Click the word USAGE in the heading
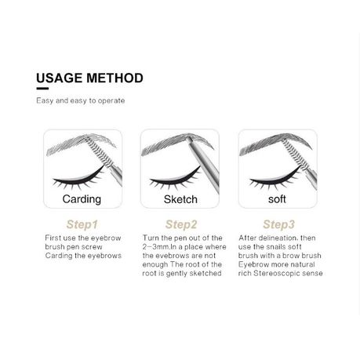(59, 78)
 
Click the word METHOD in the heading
(115, 78)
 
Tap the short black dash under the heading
(42, 89)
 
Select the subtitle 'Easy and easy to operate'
(81, 100)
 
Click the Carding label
(82, 199)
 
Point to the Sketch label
(180, 199)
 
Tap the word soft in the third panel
(277, 199)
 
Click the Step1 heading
(82, 224)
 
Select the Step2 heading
(181, 224)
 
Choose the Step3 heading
(278, 224)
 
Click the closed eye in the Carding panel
(78, 179)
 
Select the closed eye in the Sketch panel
(175, 179)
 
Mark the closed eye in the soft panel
(275, 179)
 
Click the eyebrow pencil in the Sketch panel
(203, 165)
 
